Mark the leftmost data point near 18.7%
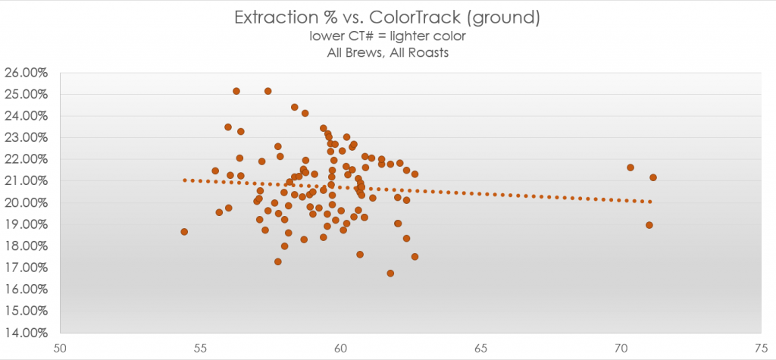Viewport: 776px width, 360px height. coord(184,232)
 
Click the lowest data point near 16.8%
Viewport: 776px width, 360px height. coord(390,273)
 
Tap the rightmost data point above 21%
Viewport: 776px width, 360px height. coord(653,177)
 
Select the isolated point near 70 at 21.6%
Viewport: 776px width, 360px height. coord(630,167)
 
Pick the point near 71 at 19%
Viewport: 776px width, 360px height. coord(649,225)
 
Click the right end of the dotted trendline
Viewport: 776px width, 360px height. coord(650,202)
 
